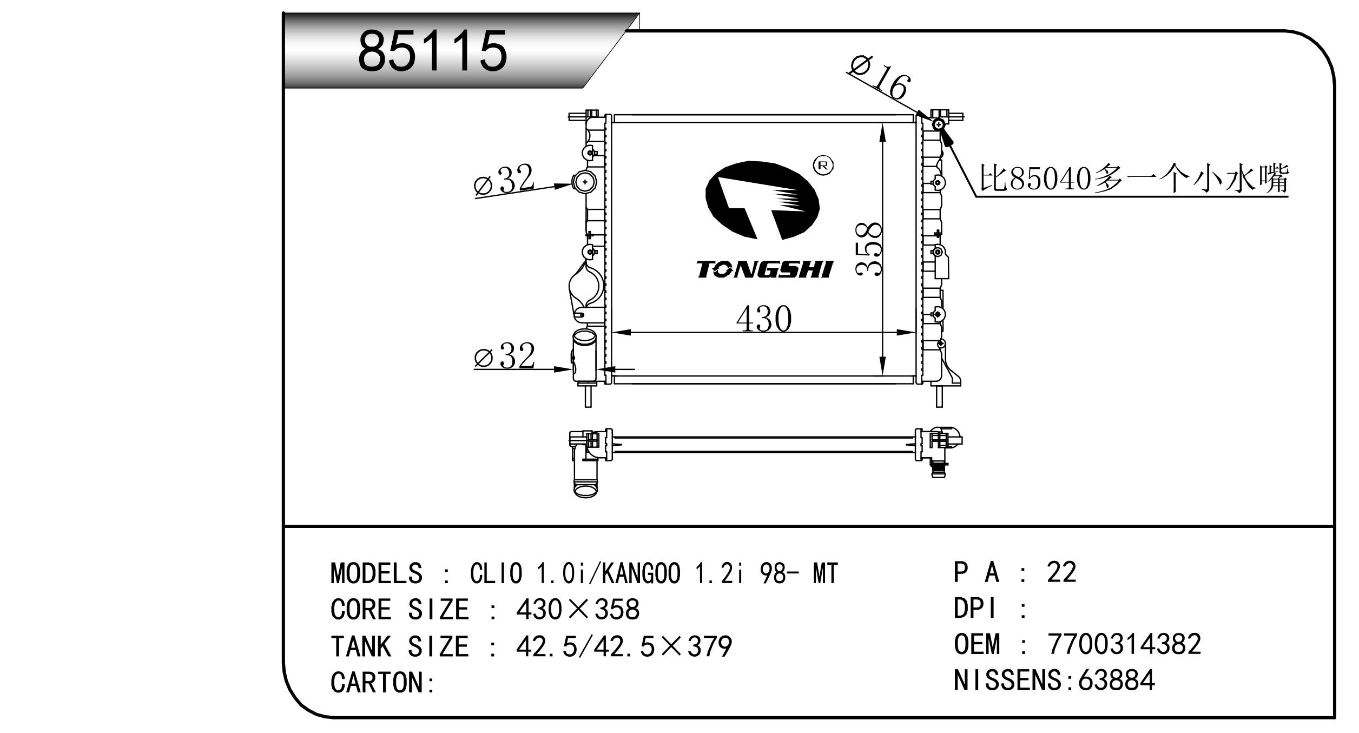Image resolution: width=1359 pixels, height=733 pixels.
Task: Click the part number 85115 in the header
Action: tap(432, 51)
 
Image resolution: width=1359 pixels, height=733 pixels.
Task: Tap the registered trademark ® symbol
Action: tap(823, 166)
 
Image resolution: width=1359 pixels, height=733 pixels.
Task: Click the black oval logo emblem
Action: tap(762, 200)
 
